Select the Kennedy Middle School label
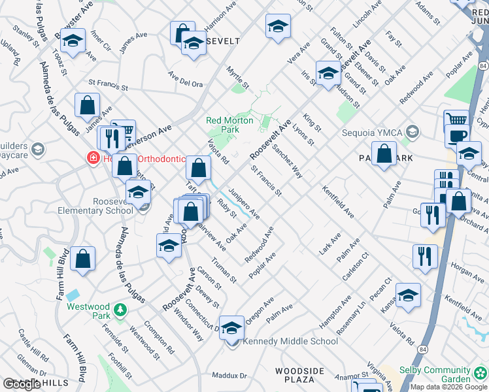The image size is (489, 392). (290, 341)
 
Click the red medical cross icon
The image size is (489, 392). (93, 157)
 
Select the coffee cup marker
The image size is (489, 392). (457, 135)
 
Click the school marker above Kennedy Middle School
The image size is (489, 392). (231, 328)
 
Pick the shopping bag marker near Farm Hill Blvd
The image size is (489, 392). (83, 259)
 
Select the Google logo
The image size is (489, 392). (22, 384)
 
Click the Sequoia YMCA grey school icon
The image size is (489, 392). (411, 133)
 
